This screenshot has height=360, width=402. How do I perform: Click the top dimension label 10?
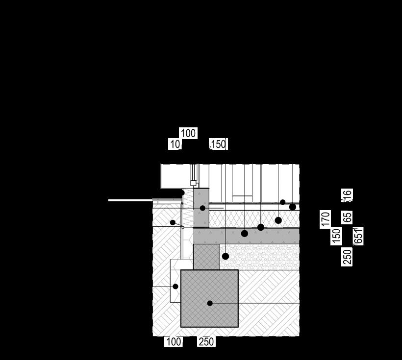(x=175, y=144)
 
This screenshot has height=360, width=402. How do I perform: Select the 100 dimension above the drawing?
(x=188, y=133)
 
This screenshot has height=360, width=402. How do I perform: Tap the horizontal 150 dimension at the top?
(x=218, y=144)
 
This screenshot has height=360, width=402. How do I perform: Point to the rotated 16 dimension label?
(x=347, y=195)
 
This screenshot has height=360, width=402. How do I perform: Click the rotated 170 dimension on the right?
(x=325, y=219)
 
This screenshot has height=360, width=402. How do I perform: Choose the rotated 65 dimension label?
(x=347, y=217)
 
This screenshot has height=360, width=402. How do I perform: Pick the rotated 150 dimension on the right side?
(x=336, y=236)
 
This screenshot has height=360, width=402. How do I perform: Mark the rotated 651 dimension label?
(x=358, y=236)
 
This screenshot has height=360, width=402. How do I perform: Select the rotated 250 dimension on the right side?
(x=347, y=257)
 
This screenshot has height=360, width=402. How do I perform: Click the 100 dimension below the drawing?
(x=174, y=341)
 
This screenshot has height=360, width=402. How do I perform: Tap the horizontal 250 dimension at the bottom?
(x=206, y=341)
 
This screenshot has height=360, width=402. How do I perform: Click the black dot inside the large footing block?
(x=210, y=303)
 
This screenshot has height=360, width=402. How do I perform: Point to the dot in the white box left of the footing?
(x=176, y=287)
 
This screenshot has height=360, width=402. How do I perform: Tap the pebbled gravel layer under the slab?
(x=265, y=257)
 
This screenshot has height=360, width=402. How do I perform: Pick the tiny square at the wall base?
(x=193, y=183)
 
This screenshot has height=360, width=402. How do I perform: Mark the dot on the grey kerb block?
(x=202, y=208)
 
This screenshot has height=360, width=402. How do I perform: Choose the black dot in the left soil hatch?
(x=173, y=222)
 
